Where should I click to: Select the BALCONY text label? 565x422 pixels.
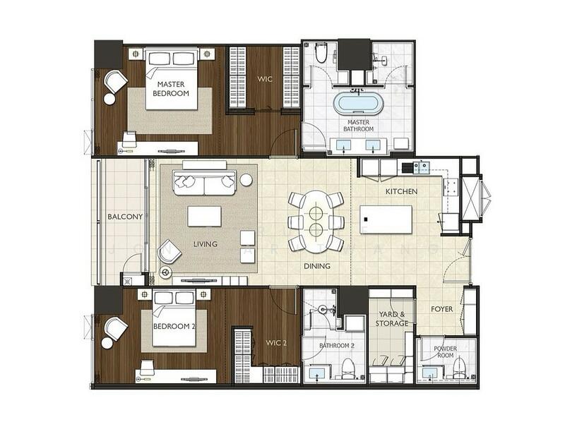pos(125,217)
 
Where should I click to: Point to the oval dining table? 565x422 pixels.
pos(316,219)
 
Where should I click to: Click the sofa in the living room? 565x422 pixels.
pos(205,181)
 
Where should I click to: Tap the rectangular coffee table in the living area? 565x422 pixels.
pos(204,215)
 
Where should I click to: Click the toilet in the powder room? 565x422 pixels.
pos(458,368)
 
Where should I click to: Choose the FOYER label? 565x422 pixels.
pos(443,309)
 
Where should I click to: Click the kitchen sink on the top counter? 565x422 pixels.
pos(423,167)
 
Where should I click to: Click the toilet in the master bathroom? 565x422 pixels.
pos(321,53)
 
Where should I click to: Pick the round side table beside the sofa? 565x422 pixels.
pos(246,179)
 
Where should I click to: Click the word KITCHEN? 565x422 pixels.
pos(400,192)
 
